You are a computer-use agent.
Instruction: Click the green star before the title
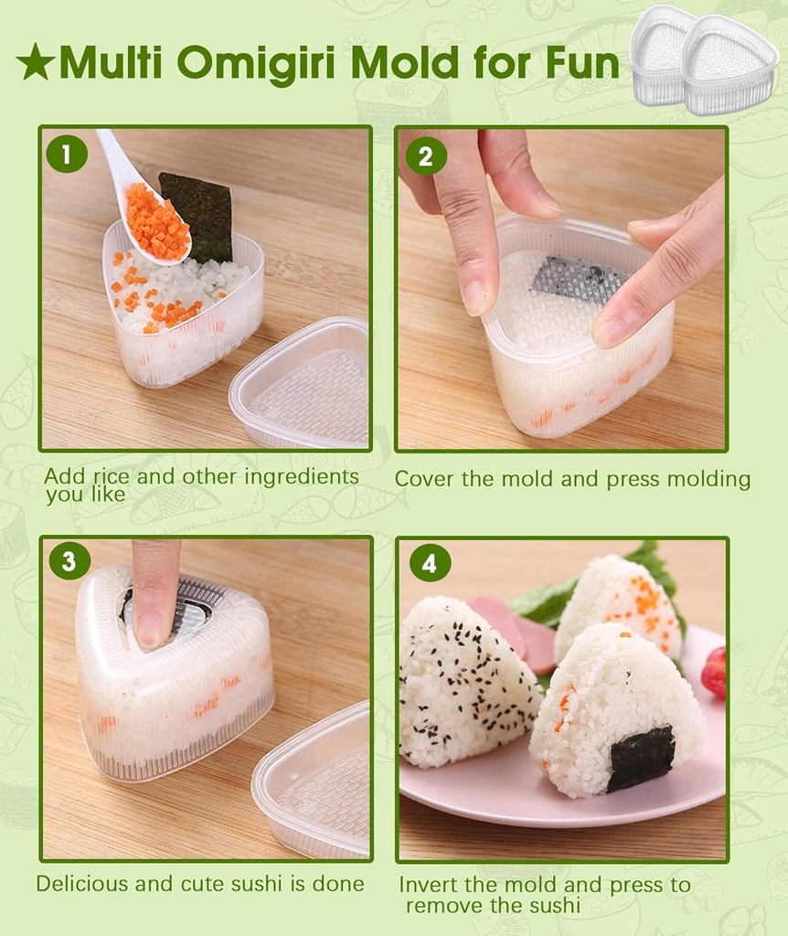35,62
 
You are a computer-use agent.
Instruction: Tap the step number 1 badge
67,154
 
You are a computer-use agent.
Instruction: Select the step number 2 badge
425,155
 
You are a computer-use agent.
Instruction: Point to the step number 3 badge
69,560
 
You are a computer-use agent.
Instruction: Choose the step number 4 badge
430,562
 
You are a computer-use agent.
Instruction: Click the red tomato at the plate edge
714,672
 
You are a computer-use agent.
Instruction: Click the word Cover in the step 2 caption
423,480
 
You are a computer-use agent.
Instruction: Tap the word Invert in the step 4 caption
429,885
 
